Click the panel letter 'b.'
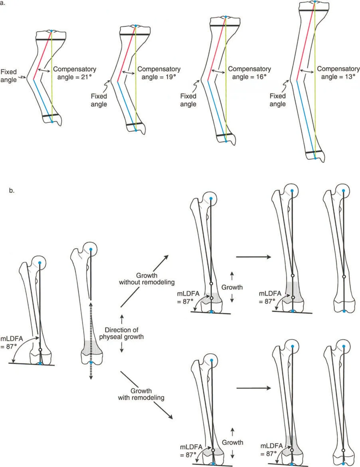click(12, 190)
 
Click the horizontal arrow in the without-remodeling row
click(253, 257)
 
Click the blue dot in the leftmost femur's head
click(40, 262)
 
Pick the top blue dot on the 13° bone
click(315, 2)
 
